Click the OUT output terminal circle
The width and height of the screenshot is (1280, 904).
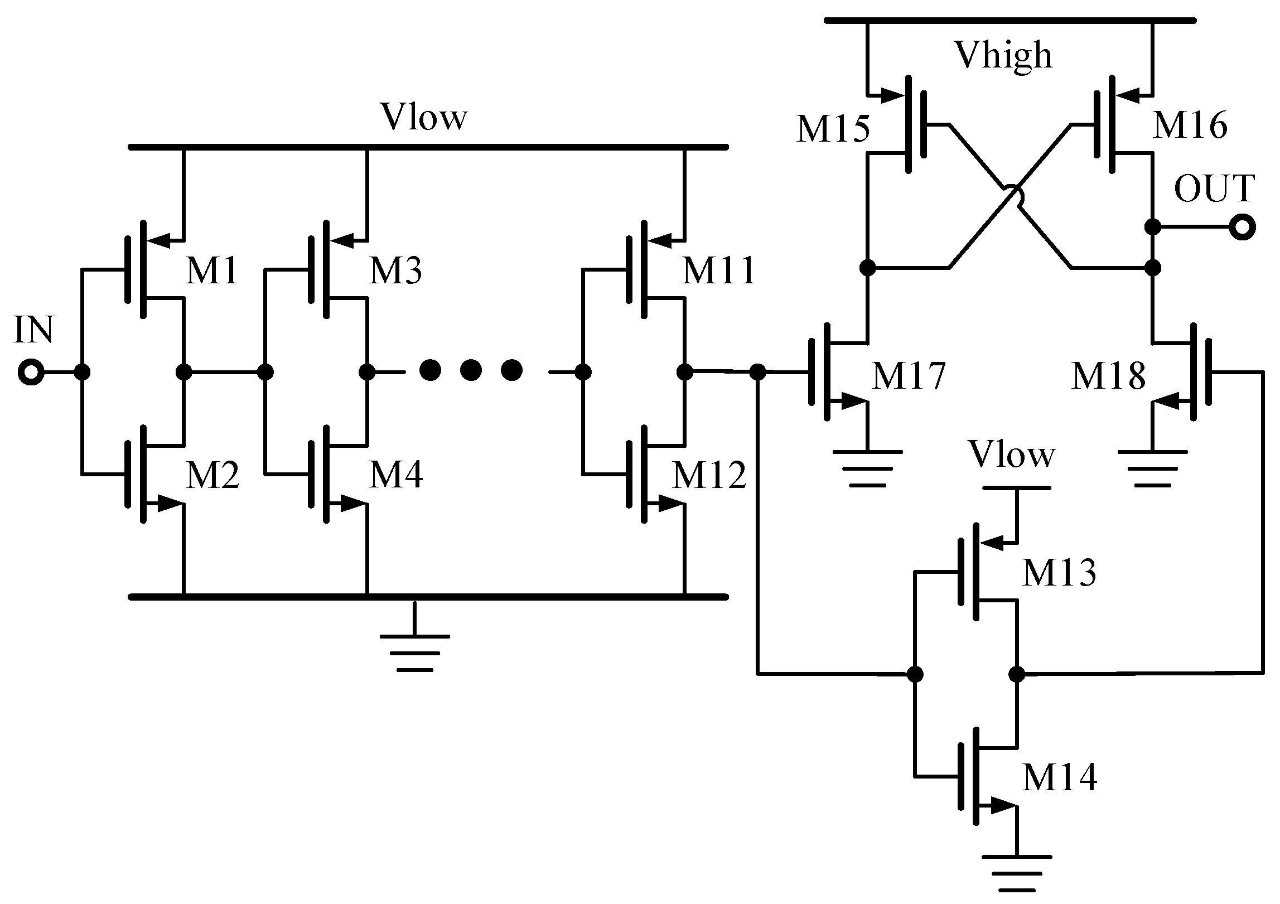(x=1243, y=227)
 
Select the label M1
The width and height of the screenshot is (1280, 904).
(x=211, y=272)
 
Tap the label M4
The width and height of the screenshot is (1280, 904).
(x=396, y=475)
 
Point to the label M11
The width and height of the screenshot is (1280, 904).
(x=719, y=271)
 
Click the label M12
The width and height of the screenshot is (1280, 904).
(x=709, y=475)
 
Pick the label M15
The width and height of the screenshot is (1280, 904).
(x=833, y=129)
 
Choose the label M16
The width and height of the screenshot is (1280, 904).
(x=1190, y=125)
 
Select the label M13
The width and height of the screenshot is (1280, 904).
(x=1059, y=572)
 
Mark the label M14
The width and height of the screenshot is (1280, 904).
(x=1059, y=777)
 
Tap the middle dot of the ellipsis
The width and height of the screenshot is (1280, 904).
(x=471, y=371)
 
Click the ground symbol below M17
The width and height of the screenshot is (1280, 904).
(x=868, y=468)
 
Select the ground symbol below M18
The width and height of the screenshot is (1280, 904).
(x=1153, y=468)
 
